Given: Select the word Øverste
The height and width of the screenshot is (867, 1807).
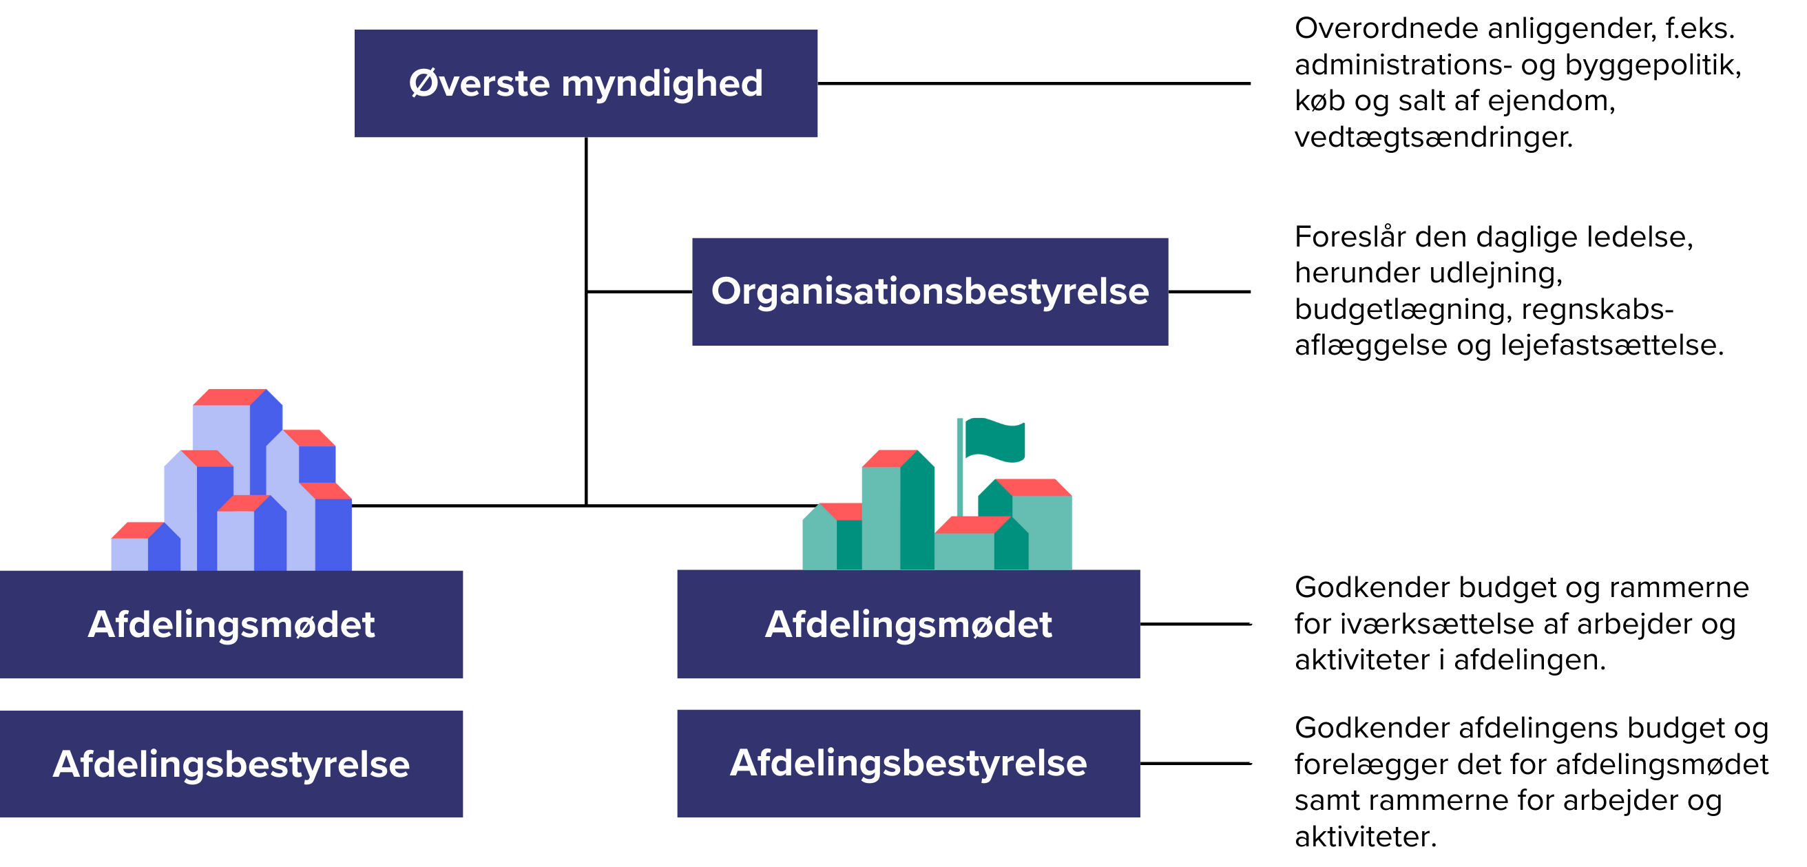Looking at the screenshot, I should click(479, 83).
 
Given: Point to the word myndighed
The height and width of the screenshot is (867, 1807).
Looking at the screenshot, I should click(662, 84).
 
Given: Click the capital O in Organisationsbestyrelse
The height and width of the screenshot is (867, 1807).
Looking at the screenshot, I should click(726, 291).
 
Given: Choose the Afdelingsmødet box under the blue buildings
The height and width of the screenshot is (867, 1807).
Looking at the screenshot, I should click(231, 624).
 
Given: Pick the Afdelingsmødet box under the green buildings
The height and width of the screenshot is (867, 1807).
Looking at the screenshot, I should click(908, 624).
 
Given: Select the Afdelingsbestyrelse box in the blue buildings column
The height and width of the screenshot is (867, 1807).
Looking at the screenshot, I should click(231, 763).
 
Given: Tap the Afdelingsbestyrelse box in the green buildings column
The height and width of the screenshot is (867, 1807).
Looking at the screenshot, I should click(908, 762).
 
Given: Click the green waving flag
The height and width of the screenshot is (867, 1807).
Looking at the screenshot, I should click(994, 439).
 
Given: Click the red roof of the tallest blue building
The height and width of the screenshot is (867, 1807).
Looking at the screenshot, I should click(229, 397).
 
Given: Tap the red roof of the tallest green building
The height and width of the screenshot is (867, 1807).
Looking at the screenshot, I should click(890, 459).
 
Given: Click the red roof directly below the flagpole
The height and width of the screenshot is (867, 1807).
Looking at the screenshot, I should click(971, 525).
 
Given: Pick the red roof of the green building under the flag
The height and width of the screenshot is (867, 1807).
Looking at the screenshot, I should click(1032, 487).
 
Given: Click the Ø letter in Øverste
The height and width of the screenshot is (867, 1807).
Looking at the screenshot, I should click(422, 83).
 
